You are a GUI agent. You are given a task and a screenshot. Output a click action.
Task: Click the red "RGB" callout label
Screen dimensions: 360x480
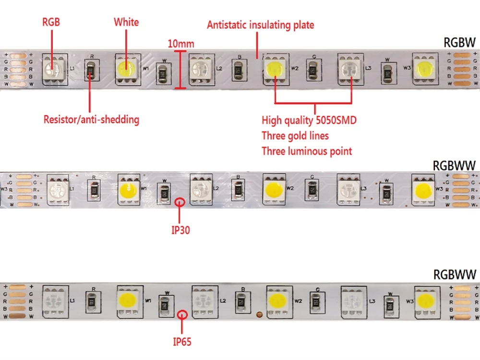pos(51,22)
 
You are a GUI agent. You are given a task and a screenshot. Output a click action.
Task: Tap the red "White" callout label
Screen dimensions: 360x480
pos(126,22)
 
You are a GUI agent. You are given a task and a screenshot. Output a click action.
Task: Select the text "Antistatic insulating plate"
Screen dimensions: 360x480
pos(261,25)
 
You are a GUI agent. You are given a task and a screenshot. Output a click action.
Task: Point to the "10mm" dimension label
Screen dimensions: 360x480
pos(181,44)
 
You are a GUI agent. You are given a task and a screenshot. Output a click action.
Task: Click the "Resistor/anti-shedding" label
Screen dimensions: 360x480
pos(91,120)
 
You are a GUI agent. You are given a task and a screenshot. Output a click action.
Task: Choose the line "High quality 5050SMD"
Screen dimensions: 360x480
pos(309,120)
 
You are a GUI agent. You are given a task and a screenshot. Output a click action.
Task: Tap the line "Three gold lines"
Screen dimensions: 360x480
pos(295,136)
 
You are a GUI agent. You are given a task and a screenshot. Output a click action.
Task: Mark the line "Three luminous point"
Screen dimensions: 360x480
pos(307,151)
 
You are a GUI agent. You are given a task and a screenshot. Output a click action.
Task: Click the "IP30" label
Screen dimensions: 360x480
pos(180,230)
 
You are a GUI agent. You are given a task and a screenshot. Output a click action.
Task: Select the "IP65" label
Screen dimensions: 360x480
pos(182,342)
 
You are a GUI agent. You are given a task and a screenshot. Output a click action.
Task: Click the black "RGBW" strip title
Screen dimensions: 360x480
pos(459,43)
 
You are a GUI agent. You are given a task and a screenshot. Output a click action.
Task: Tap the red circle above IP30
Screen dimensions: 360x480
pos(180,201)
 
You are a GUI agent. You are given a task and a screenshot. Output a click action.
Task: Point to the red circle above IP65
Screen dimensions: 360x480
pos(182,315)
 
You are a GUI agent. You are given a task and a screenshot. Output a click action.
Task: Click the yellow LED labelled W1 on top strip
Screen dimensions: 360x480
pos(127,69)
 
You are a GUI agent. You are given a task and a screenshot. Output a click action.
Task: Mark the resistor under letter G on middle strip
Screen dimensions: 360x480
pos(312,188)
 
